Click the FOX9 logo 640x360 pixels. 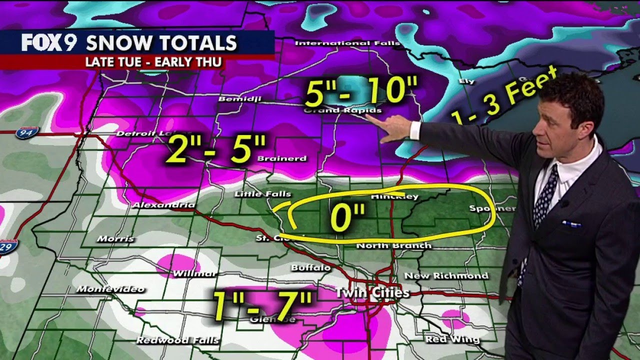[x=48, y=42]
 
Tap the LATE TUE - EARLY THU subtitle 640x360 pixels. [x=153, y=62]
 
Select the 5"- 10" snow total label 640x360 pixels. [x=360, y=91]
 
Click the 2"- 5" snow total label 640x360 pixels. [x=215, y=148]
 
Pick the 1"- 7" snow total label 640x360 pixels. [x=262, y=305]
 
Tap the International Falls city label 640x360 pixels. [x=347, y=43]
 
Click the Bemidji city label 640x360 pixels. [x=239, y=99]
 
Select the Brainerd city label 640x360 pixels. [x=281, y=158]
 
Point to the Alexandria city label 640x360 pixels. [x=163, y=205]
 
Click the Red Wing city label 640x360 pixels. [x=452, y=339]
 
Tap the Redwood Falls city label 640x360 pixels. [x=177, y=340]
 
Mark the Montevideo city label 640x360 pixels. [x=110, y=289]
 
